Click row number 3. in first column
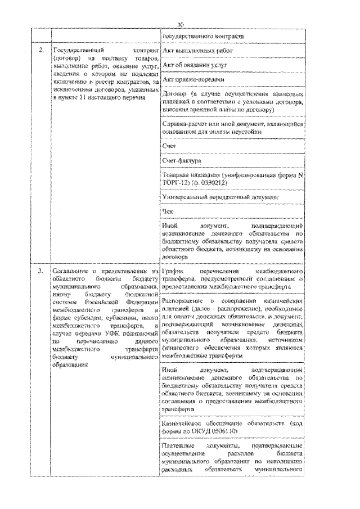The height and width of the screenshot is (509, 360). pos(42,271)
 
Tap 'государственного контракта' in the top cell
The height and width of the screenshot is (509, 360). pos(202,37)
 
